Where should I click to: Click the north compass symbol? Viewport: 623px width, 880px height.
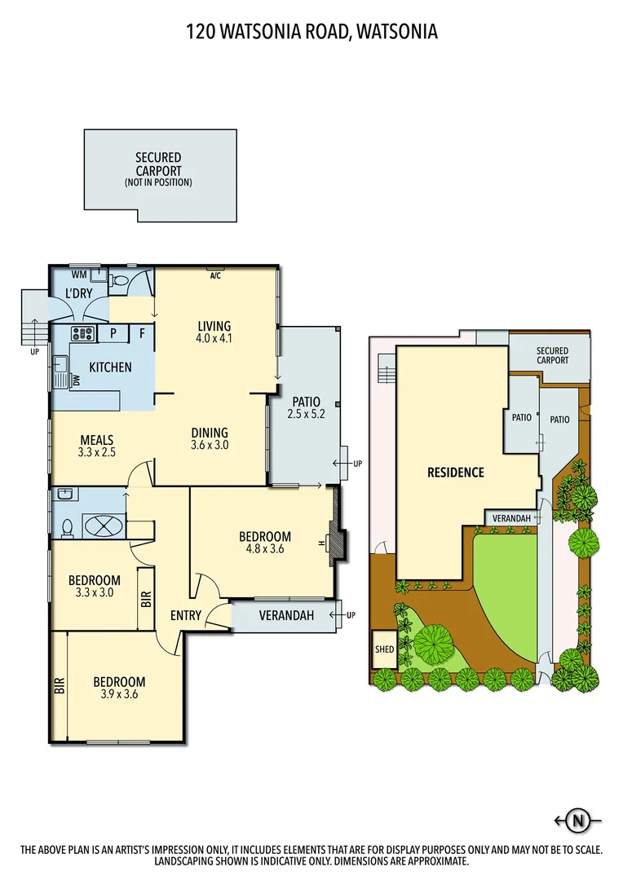pyautogui.click(x=579, y=820)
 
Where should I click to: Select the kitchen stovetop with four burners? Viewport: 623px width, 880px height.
pyautogui.click(x=83, y=332)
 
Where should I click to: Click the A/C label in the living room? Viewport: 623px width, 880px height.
pyautogui.click(x=215, y=275)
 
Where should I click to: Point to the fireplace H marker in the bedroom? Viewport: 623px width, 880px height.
pyautogui.click(x=324, y=543)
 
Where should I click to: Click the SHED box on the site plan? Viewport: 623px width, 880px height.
pyautogui.click(x=384, y=649)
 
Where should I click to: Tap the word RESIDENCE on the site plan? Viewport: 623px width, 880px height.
pyautogui.click(x=456, y=473)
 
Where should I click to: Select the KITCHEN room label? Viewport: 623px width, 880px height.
pyautogui.click(x=110, y=367)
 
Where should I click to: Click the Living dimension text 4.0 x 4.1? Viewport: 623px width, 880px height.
pyautogui.click(x=214, y=338)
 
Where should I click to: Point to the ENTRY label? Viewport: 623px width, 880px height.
pyautogui.click(x=186, y=615)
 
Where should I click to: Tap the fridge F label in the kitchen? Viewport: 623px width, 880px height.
pyautogui.click(x=141, y=332)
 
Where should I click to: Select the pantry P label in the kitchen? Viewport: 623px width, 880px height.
pyautogui.click(x=113, y=332)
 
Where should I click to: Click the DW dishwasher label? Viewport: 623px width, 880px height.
pyautogui.click(x=76, y=381)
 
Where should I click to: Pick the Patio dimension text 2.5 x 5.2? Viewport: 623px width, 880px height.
pyautogui.click(x=303, y=414)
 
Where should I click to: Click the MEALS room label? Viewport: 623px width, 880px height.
pyautogui.click(x=96, y=440)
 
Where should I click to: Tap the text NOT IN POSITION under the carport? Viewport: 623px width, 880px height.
pyautogui.click(x=158, y=183)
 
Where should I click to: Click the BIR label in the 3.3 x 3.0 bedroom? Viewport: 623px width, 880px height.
pyautogui.click(x=146, y=601)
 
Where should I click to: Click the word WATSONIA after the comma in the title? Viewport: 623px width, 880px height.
pyautogui.click(x=397, y=32)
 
